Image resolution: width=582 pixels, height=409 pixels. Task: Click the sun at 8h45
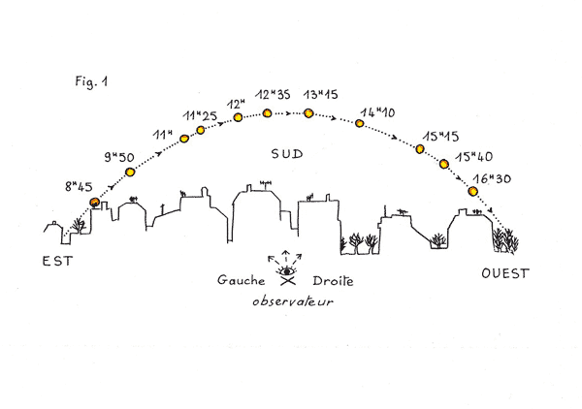click(x=95, y=203)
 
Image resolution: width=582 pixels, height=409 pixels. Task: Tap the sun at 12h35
click(x=267, y=113)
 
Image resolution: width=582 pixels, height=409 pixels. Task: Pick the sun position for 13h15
click(x=308, y=113)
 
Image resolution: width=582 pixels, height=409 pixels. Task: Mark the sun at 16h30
click(x=473, y=191)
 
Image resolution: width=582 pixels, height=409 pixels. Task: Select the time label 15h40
click(x=475, y=154)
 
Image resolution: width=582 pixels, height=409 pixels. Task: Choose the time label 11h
click(x=163, y=133)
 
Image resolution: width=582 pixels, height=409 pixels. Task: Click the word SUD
click(x=287, y=154)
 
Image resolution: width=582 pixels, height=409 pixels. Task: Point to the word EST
click(x=56, y=262)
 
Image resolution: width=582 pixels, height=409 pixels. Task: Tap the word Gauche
click(x=242, y=282)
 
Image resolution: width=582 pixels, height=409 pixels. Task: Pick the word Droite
click(x=333, y=282)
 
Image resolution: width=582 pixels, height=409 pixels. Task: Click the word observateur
click(x=286, y=301)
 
